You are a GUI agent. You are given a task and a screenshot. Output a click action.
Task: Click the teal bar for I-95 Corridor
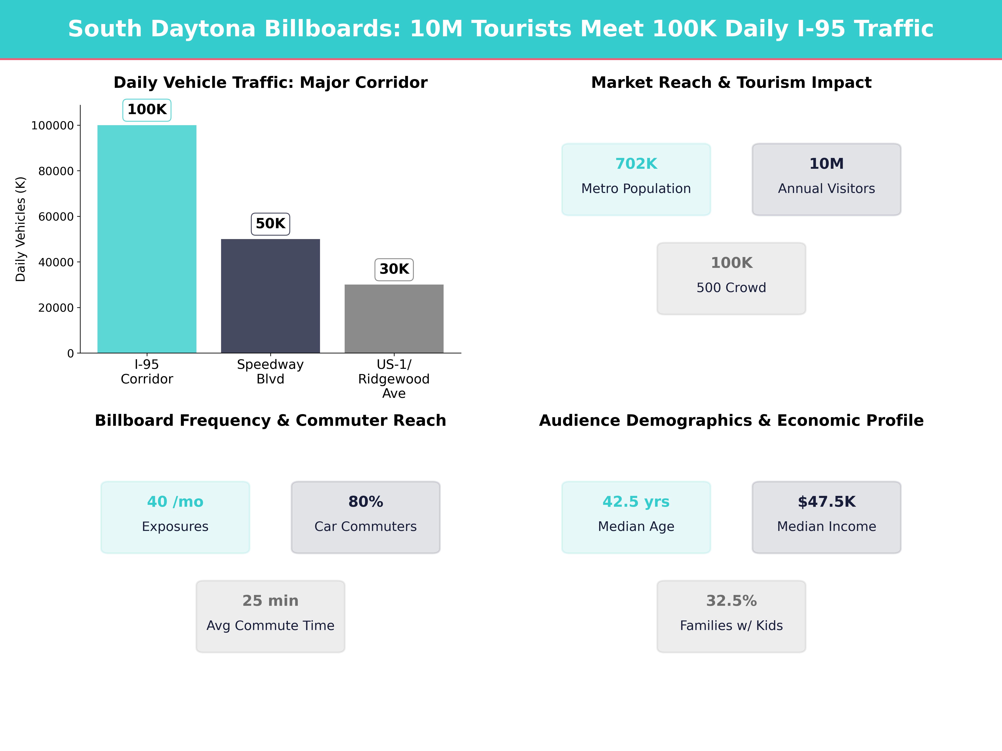[147, 239]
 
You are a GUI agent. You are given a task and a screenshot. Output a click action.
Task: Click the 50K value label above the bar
[270, 224]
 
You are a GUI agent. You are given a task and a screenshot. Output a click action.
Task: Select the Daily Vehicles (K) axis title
[20, 229]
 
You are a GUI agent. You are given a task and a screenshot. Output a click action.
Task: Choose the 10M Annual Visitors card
[826, 179]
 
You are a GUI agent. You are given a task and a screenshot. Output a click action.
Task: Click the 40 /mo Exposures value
[175, 502]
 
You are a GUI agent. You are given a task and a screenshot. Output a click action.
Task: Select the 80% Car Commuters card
[366, 517]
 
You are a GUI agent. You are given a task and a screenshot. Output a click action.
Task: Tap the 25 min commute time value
[270, 601]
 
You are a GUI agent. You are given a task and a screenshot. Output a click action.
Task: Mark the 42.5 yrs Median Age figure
[636, 502]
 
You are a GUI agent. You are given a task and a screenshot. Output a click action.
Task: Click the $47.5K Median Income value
[826, 502]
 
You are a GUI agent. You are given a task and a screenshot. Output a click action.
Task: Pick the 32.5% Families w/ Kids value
[731, 601]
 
